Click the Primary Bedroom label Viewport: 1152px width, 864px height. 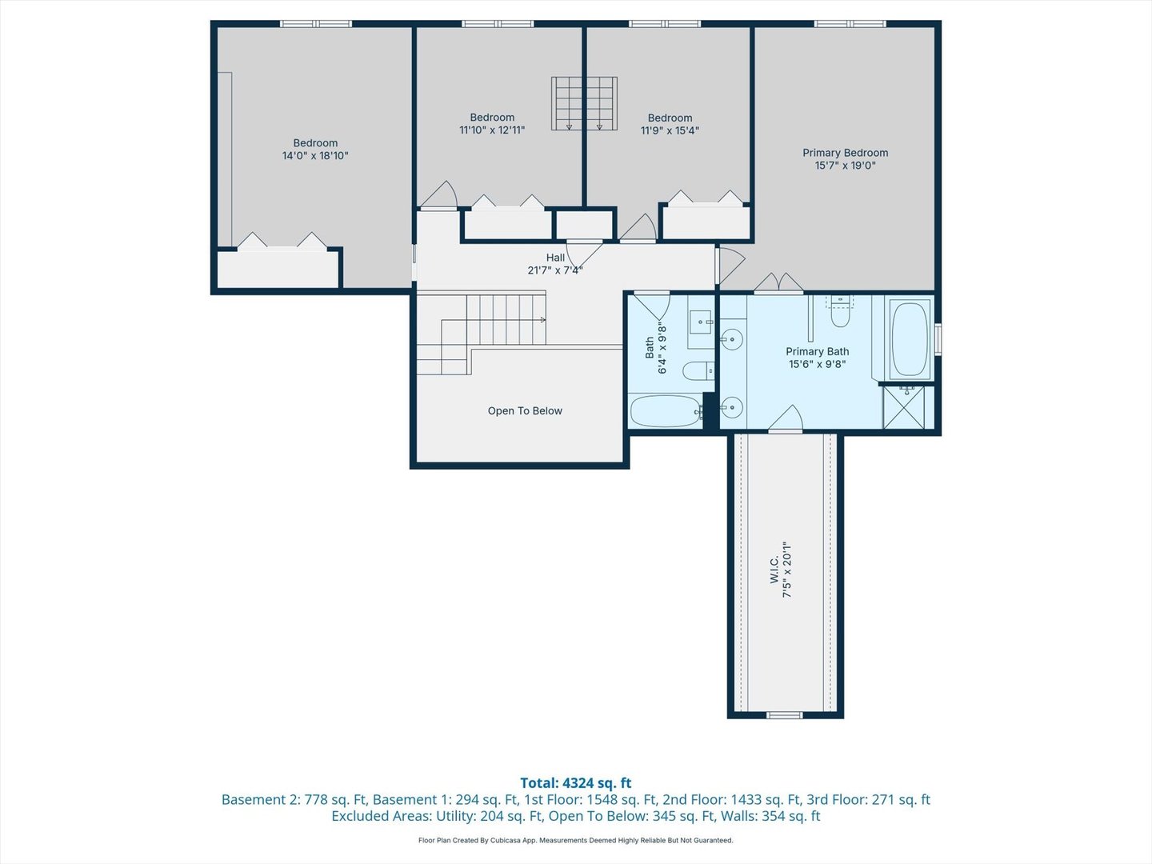click(845, 153)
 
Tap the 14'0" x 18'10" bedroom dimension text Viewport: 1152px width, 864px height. click(315, 156)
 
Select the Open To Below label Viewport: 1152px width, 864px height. click(525, 410)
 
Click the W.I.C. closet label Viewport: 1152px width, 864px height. click(774, 570)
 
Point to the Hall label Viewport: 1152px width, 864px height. click(555, 258)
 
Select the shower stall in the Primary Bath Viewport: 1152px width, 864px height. click(904, 407)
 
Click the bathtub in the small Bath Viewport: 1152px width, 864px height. click(666, 411)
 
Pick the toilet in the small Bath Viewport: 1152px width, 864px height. click(698, 371)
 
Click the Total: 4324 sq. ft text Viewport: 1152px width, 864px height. click(576, 782)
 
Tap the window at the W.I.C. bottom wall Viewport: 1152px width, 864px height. click(784, 715)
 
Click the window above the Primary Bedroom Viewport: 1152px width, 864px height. click(850, 24)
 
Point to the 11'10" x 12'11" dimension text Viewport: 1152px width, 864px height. click(492, 130)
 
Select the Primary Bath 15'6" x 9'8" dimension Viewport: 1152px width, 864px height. click(817, 364)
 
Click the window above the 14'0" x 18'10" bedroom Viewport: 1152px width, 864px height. click(315, 24)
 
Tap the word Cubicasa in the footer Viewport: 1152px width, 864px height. click(504, 840)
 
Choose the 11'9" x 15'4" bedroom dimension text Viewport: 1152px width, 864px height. click(670, 130)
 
